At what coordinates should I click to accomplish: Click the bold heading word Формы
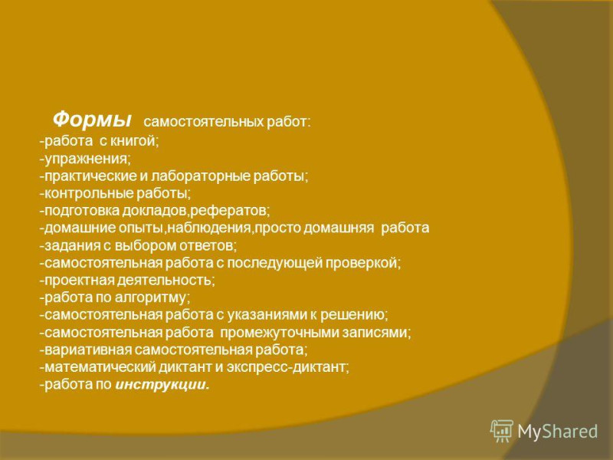92,119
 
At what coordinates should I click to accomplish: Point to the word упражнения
86,159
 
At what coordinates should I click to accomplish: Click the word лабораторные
200,176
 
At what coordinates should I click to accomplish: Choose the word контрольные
89,193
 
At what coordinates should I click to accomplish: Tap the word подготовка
82,211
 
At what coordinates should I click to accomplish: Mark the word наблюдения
208,228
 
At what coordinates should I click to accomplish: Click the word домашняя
339,228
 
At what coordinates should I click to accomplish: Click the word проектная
80,280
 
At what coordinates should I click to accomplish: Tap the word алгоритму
149,297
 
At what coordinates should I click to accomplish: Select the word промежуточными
279,333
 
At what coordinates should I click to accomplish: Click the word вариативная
88,350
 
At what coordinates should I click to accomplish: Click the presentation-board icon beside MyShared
502,431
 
